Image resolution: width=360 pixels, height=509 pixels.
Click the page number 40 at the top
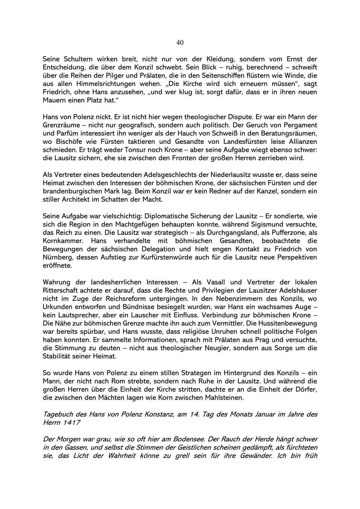(x=180, y=43)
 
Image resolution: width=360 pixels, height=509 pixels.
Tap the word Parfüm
(x=64, y=134)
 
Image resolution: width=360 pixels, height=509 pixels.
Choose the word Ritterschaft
(x=63, y=290)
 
